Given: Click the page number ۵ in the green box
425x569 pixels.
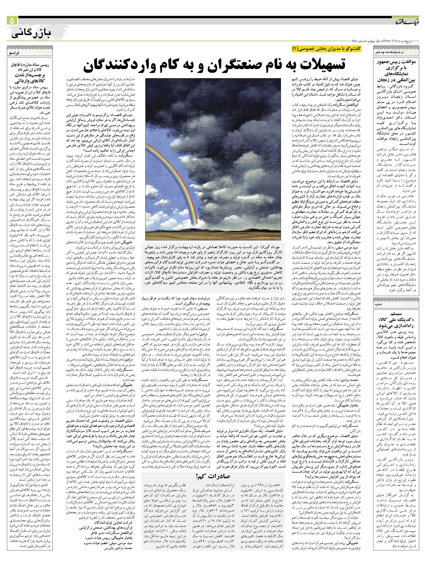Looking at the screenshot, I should (12, 21).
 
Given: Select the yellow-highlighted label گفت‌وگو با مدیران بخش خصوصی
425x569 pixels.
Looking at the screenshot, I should (327, 49).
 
